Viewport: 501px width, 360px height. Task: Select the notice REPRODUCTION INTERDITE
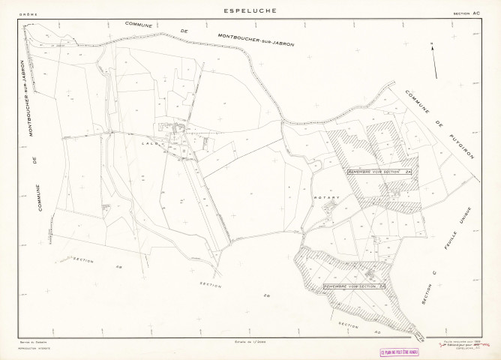click(34, 349)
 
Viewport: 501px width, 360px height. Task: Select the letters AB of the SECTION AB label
click(118, 267)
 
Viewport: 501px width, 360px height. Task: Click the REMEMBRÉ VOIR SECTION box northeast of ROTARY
click(380, 172)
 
